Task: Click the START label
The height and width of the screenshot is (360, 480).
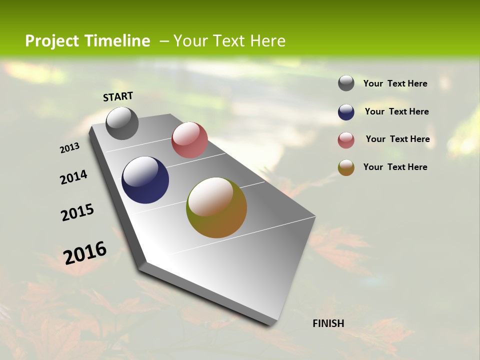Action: point(118,96)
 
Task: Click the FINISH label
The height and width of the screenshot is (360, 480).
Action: point(328,323)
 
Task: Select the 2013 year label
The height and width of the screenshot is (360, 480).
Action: point(70,148)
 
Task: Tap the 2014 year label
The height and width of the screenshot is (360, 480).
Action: point(74,177)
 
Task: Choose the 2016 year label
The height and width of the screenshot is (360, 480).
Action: point(85,252)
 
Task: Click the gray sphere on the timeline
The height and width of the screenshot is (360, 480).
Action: point(122,123)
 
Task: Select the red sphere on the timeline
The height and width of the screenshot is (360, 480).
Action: point(189,140)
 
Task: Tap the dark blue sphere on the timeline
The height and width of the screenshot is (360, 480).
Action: point(145,180)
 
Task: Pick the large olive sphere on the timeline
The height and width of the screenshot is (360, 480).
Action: point(216,207)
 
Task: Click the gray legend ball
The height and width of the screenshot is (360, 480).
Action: point(346,83)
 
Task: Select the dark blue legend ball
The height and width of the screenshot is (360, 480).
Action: point(346,112)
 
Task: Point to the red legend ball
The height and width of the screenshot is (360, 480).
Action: point(346,140)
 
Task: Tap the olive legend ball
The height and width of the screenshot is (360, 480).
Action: point(346,167)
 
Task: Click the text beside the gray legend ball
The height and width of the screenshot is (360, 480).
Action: point(395,83)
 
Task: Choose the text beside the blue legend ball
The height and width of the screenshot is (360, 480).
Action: point(396,111)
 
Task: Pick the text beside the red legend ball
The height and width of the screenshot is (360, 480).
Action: point(397,139)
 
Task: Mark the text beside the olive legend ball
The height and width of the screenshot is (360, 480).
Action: point(395,167)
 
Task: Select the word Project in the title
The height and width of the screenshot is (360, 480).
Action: point(52,41)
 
